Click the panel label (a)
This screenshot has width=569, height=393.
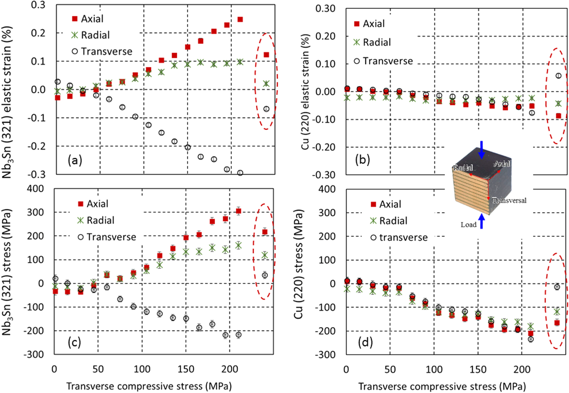pyautogui.click(x=75, y=160)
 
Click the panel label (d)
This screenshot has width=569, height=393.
pyautogui.click(x=365, y=342)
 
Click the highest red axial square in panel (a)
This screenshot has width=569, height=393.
pyautogui.click(x=240, y=19)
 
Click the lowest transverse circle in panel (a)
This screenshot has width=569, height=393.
pyautogui.click(x=240, y=173)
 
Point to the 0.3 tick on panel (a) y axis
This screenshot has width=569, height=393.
pyautogui.click(x=38, y=5)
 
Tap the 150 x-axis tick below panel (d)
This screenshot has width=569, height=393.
pyautogui.click(x=478, y=370)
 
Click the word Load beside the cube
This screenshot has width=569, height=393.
pyautogui.click(x=468, y=224)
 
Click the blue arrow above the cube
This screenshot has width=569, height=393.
pyautogui.click(x=482, y=149)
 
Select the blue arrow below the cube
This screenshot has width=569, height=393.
pyautogui.click(x=482, y=221)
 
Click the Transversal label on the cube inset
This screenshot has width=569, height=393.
pyautogui.click(x=509, y=200)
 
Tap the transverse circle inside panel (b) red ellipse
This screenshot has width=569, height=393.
pyautogui.click(x=558, y=76)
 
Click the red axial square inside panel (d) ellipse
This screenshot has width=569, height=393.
pyautogui.click(x=557, y=323)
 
